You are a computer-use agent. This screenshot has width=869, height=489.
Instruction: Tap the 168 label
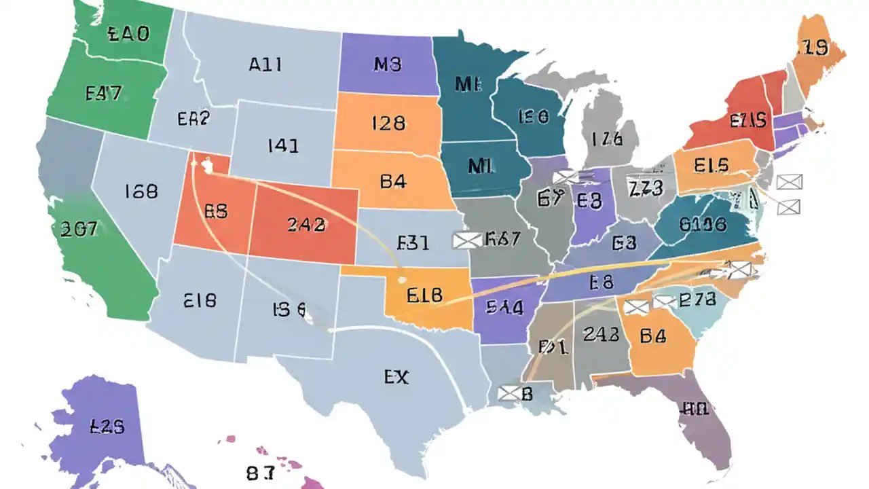click(x=141, y=192)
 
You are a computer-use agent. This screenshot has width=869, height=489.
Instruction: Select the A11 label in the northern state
click(x=265, y=65)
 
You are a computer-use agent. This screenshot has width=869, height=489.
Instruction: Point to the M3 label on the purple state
click(x=388, y=65)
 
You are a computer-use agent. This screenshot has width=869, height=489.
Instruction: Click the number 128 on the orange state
click(x=388, y=123)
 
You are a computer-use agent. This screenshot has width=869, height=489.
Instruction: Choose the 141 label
click(x=284, y=145)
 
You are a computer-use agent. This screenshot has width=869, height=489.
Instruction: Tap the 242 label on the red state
click(x=306, y=225)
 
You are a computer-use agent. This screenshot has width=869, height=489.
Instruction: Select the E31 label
click(x=413, y=242)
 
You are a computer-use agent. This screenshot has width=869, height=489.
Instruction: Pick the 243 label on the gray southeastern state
click(x=601, y=333)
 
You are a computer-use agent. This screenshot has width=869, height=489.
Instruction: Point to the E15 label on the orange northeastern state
click(x=711, y=165)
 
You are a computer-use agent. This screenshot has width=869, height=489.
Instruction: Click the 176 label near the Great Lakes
click(x=606, y=139)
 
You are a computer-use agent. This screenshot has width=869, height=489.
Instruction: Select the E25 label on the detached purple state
click(x=107, y=427)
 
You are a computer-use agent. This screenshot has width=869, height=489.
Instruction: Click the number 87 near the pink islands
click(x=261, y=473)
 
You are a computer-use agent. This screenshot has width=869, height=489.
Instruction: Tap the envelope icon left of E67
click(x=466, y=240)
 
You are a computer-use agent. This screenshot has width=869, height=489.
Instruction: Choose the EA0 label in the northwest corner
click(x=128, y=34)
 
